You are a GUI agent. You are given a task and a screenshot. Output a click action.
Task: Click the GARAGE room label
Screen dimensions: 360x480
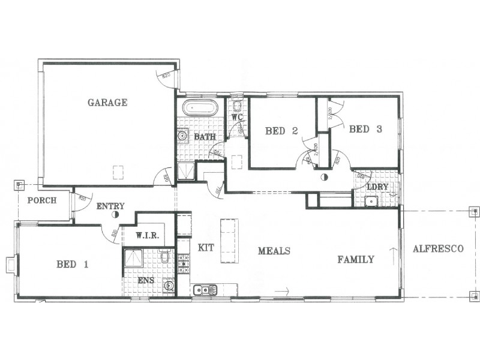pos(107,103)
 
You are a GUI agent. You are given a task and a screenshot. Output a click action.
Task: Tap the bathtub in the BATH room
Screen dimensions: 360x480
pos(200,109)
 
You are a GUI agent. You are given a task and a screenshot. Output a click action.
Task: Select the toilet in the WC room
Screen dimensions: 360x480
pos(238,107)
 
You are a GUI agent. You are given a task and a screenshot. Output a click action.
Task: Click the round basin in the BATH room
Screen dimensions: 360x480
pos(182,137)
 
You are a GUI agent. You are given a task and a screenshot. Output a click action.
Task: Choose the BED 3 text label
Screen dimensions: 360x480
pos(365,129)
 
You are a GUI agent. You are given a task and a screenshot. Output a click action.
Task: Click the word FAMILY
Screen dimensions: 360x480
pos(355,260)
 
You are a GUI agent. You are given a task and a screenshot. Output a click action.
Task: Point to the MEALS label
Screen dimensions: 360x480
pos(274,251)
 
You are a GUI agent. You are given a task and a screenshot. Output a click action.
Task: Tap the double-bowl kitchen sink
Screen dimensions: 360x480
pos(205,290)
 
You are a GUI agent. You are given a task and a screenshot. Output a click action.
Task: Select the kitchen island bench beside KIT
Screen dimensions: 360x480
pos(229,241)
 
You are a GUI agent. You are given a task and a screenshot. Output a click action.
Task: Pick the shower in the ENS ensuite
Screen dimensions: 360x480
pos(133,259)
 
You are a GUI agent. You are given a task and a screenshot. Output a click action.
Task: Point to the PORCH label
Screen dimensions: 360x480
pos(42,200)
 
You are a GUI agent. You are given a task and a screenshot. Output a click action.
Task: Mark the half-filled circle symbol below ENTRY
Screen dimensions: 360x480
pos(115,214)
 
